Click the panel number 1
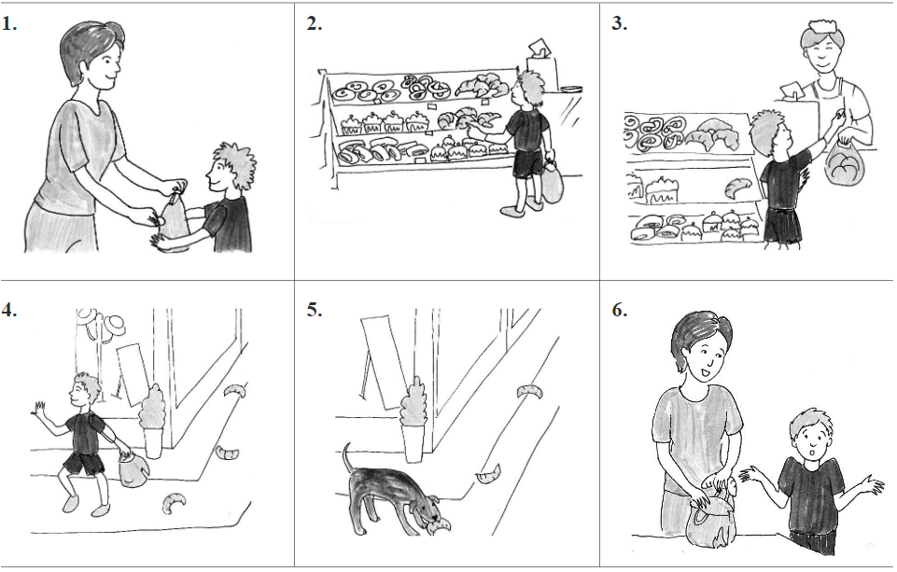[8, 24]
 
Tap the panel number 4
[8, 310]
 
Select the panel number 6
[620, 310]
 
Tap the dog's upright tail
[347, 457]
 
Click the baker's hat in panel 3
[820, 27]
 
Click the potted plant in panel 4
[152, 421]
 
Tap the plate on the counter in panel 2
[571, 89]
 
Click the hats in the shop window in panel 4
[103, 322]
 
